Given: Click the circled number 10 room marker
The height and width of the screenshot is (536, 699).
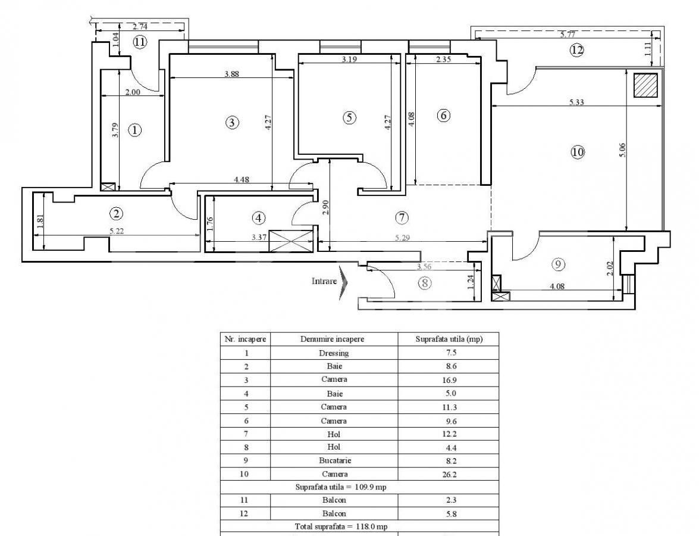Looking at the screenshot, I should click(x=577, y=152).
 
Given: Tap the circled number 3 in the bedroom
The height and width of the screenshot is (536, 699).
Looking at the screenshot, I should click(x=232, y=123).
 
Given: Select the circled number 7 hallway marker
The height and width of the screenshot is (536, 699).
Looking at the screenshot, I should click(x=402, y=218).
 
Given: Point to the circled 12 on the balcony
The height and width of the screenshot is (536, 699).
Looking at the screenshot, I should click(x=576, y=50).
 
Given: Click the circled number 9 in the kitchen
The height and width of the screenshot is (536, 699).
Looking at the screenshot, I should click(x=557, y=263).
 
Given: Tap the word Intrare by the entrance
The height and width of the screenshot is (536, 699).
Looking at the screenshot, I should click(x=324, y=281).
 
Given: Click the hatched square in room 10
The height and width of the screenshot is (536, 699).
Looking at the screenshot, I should click(x=645, y=85).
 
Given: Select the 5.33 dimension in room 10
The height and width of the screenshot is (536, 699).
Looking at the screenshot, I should click(x=576, y=102).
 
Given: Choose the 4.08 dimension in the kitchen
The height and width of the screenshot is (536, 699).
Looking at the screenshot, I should click(x=557, y=286).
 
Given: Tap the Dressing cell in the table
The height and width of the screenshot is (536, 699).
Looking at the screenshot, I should click(x=334, y=353).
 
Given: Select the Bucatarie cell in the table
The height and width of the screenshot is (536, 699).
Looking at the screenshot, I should click(x=334, y=460).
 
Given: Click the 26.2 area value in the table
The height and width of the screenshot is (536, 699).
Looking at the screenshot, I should click(x=448, y=474).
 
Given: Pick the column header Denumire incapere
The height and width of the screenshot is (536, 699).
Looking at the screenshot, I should click(x=334, y=339).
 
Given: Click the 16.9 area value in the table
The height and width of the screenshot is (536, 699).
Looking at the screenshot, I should click(x=448, y=379).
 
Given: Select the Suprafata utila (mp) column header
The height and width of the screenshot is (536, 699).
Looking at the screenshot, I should click(x=448, y=339).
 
